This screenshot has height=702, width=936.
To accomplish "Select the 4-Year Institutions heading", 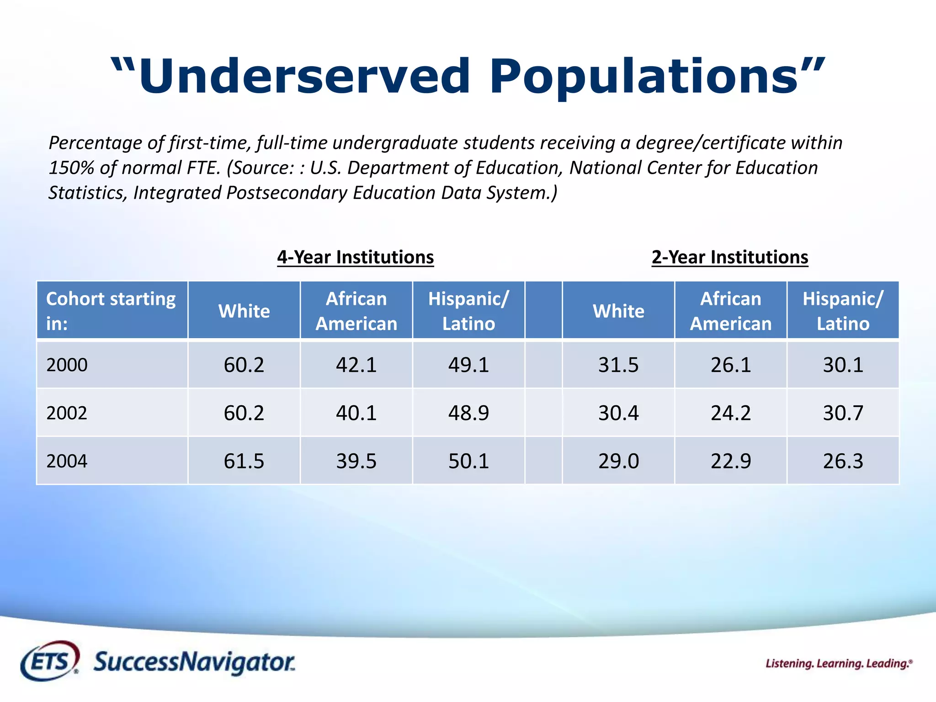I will point(355,257).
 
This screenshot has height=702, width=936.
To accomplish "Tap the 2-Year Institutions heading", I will point(729,257).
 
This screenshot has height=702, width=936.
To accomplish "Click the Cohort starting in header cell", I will point(111,311).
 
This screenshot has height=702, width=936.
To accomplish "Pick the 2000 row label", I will point(67,365).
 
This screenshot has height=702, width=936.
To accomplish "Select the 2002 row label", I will point(67,413).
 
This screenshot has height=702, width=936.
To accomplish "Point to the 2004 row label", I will point(67,461).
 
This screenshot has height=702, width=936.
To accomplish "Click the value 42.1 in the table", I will point(356,365).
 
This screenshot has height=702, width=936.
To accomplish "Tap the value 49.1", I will point(468,365).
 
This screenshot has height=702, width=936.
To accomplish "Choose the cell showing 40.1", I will point(356,413).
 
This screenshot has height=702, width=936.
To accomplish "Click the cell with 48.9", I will point(468,413).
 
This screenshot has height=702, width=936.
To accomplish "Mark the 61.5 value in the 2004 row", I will point(244,461).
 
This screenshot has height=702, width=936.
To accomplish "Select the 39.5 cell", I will point(356,461).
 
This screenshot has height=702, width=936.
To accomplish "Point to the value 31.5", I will point(618,365).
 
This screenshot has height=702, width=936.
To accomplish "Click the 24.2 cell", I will point(730,413).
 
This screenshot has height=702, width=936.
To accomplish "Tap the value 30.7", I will point(843,413).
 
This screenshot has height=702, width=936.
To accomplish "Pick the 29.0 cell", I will point(618,461).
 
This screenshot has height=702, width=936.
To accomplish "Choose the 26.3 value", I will point(843,461).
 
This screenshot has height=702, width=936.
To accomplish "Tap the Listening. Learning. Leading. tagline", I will point(839,664).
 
